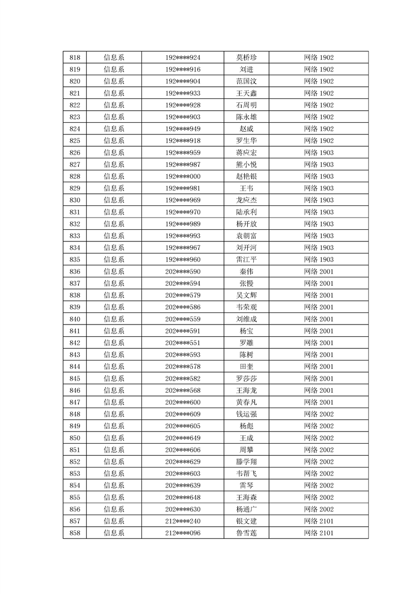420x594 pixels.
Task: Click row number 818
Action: pyautogui.click(x=75, y=58)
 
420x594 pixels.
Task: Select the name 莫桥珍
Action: pyautogui.click(x=246, y=58)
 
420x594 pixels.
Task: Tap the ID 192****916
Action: pyautogui.click(x=183, y=69)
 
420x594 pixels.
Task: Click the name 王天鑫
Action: pyautogui.click(x=246, y=93)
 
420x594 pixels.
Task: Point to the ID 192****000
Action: pyautogui.click(x=183, y=176)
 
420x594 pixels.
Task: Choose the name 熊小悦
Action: pyautogui.click(x=246, y=165)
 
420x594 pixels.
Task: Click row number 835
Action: pyautogui.click(x=75, y=259)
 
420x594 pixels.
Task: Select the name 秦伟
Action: pyautogui.click(x=246, y=272)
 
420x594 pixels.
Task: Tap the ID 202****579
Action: pyautogui.click(x=183, y=295)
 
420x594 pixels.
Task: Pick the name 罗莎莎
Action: pyautogui.click(x=246, y=379)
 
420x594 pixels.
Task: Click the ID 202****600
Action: pyautogui.click(x=183, y=402)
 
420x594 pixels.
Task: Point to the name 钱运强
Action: pyautogui.click(x=246, y=414)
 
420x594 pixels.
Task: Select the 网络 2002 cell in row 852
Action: pyautogui.click(x=319, y=462)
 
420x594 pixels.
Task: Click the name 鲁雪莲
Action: pyautogui.click(x=246, y=533)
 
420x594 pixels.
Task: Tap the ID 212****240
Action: pyautogui.click(x=183, y=521)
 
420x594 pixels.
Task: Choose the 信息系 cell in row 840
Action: pyautogui.click(x=114, y=319)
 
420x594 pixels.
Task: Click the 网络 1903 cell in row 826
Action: pyautogui.click(x=319, y=152)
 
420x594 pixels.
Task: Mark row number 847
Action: pyautogui.click(x=75, y=402)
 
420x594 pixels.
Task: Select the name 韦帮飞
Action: pyautogui.click(x=246, y=473)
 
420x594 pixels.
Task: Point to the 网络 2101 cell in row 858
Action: pyautogui.click(x=319, y=533)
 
